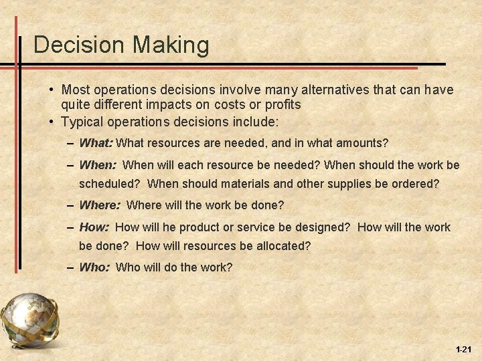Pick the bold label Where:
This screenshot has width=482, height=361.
100,205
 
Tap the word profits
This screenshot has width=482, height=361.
283,105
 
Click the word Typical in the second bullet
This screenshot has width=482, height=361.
82,122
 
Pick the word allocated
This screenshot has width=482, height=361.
283,245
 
